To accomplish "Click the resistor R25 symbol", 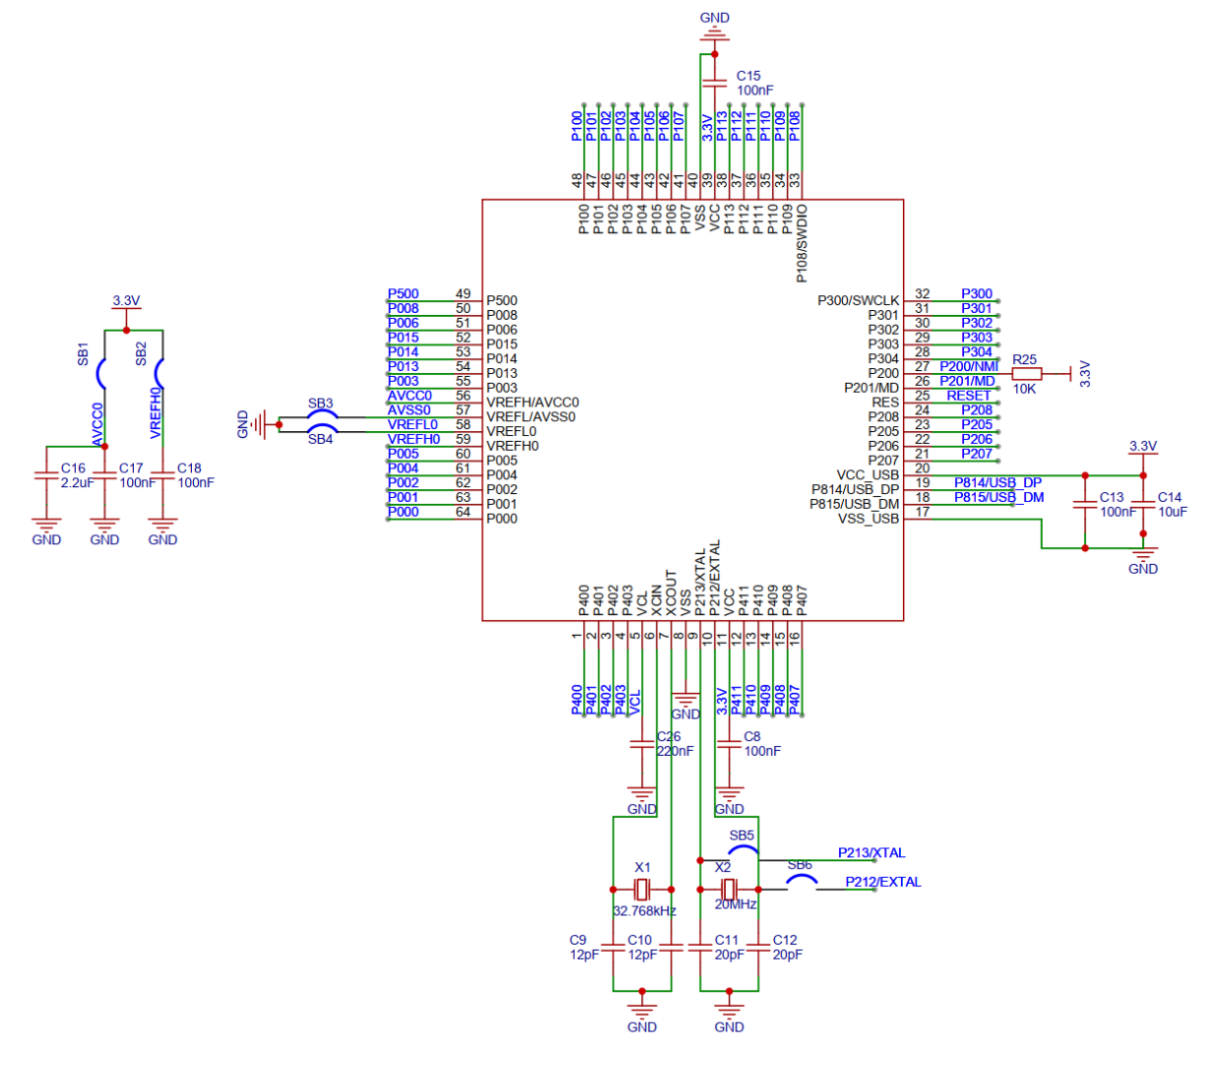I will point(1026,373).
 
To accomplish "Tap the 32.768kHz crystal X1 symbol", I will point(642,890).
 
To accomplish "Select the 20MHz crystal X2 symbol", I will point(729,889).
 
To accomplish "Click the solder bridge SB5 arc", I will point(742,850).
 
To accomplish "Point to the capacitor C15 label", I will point(748,76).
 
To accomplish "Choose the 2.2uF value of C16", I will point(77,482).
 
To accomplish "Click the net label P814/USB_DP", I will point(997,482).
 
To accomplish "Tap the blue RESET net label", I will point(968,396).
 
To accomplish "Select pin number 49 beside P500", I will point(463,293).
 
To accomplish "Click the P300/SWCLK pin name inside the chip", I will point(858,300).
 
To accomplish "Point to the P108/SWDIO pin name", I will point(802,243).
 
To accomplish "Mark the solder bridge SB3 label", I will point(320,404).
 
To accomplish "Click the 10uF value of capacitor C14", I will point(1172,512).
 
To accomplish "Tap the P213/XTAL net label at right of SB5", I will point(871,852).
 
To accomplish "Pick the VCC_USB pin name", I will point(868,474).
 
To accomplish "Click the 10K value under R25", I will point(1024,389).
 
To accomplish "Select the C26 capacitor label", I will point(669,736).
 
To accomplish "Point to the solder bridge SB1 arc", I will point(101,374).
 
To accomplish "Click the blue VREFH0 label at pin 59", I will point(414,439).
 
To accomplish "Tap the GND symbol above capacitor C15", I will point(714,36).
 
